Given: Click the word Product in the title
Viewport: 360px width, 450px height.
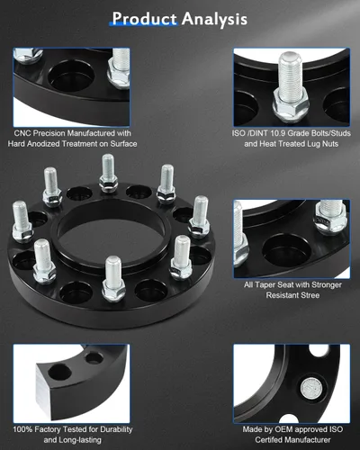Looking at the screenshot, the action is coord(145,19).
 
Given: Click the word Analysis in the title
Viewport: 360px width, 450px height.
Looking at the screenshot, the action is coord(214,19).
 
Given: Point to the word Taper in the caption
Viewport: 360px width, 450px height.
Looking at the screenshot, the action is coord(265,284).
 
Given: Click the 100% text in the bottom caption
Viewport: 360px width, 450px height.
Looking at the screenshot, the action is coord(22,429).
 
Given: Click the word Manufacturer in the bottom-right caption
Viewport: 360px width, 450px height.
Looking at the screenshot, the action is coord(307,440).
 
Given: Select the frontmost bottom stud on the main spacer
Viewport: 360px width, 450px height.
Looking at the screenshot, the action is coord(113,278).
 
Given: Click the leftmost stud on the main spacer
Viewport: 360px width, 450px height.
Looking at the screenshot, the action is coord(22,221).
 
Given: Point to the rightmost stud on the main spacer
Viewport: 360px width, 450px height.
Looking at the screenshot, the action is coord(199,217).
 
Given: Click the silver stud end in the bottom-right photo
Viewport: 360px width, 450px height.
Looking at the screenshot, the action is coord(311,389).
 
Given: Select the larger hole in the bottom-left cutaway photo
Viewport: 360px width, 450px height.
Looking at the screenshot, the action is coord(59,373).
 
